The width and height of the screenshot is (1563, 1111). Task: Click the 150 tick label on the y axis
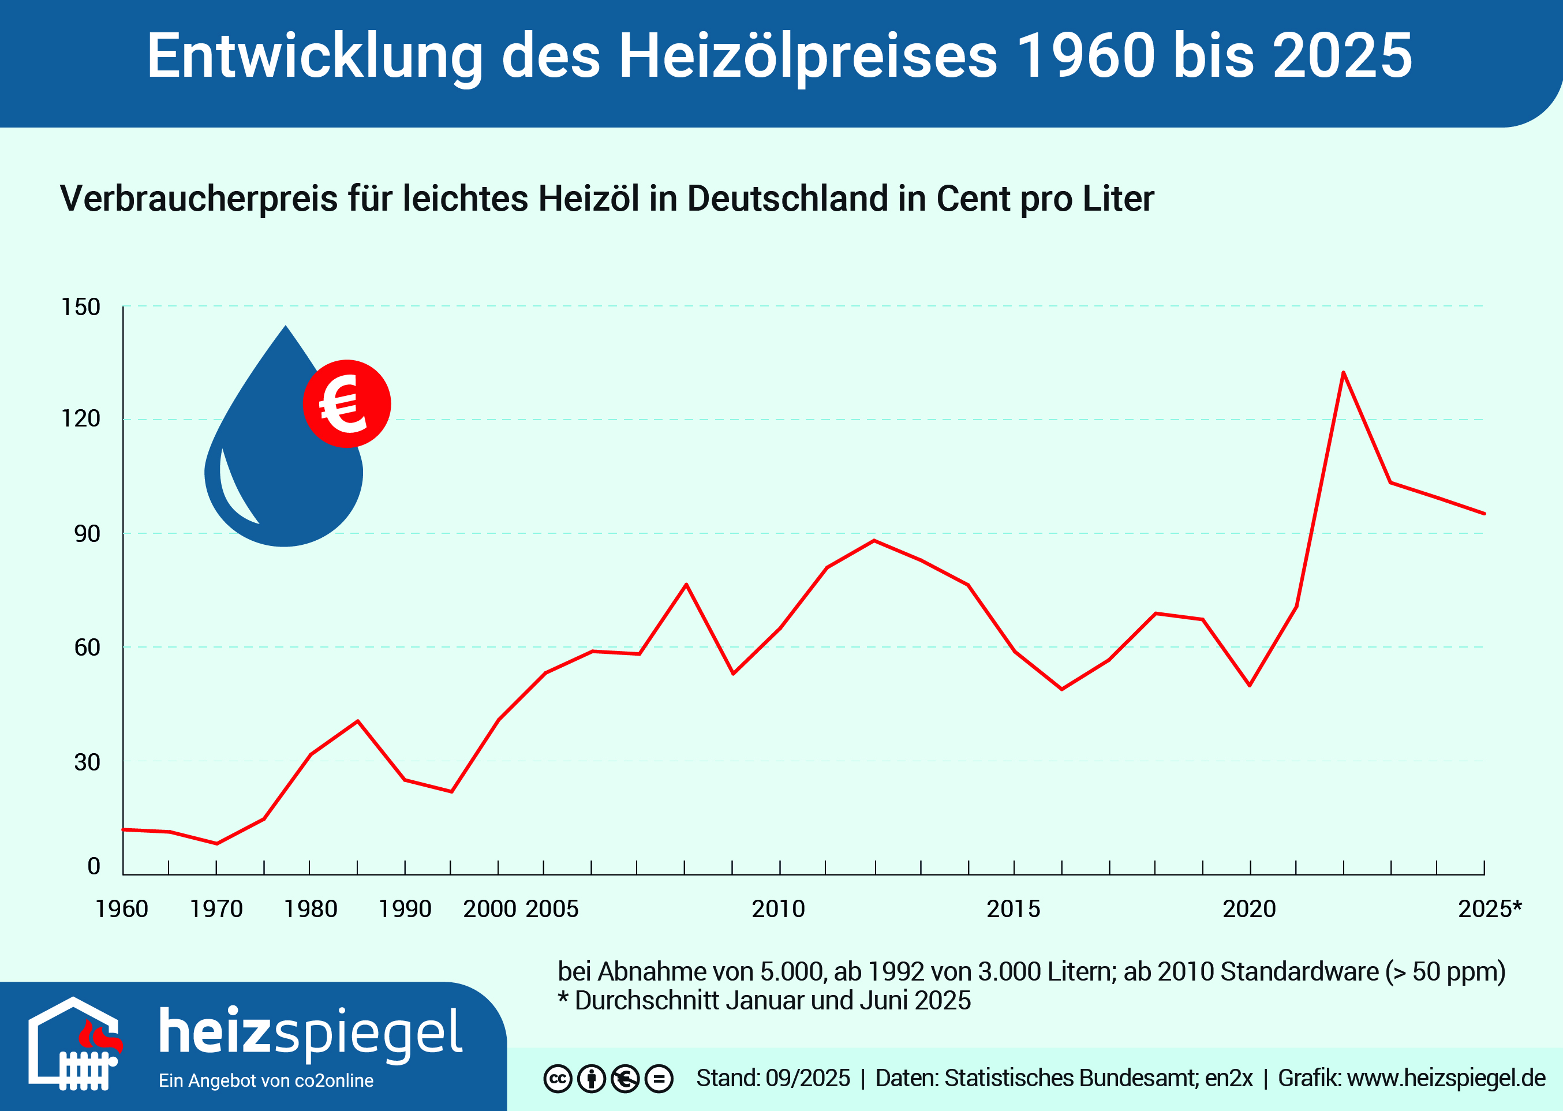pyautogui.click(x=81, y=307)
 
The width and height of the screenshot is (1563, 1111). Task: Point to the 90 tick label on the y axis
pyautogui.click(x=87, y=534)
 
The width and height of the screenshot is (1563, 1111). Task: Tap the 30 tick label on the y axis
pyautogui.click(x=87, y=762)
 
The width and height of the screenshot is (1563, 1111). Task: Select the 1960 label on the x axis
pyautogui.click(x=122, y=909)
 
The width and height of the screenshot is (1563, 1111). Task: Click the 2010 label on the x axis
pyautogui.click(x=779, y=909)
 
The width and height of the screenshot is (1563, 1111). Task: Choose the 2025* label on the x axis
pyautogui.click(x=1490, y=909)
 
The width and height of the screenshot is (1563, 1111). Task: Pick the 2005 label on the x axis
pyautogui.click(x=552, y=909)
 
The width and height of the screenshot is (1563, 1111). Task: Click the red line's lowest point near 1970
pyautogui.click(x=217, y=844)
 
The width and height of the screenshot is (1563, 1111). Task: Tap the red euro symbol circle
pyautogui.click(x=347, y=403)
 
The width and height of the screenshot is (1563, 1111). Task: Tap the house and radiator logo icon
pyautogui.click(x=74, y=1043)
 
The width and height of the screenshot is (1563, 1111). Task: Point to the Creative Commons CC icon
pyautogui.click(x=558, y=1079)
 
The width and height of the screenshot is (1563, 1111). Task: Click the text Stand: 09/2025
pyautogui.click(x=773, y=1078)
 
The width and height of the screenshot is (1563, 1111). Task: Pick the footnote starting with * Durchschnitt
pyautogui.click(x=765, y=1001)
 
